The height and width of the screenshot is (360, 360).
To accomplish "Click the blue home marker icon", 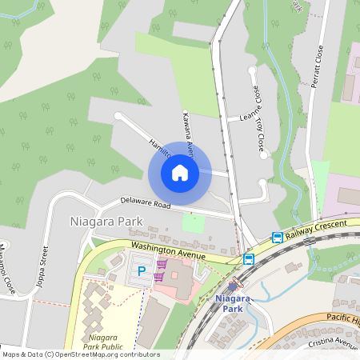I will (180, 173).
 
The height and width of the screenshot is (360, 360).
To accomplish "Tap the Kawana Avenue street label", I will (190, 133).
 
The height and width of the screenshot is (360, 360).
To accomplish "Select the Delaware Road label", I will (146, 203).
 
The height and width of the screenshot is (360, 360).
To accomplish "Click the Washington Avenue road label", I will (169, 250).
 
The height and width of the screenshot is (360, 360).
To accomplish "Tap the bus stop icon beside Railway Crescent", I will (277, 238).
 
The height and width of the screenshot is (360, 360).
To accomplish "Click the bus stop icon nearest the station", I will (249, 258).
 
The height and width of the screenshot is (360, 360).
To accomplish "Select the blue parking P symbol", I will (142, 272).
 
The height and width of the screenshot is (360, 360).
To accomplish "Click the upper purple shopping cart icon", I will (162, 264).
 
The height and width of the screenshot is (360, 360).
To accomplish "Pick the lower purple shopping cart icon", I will (158, 277).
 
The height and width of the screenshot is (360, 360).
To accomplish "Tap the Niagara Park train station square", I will (233, 286).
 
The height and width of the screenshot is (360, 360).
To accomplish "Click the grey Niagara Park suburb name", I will (106, 221).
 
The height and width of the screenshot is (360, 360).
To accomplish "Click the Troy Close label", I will (260, 132).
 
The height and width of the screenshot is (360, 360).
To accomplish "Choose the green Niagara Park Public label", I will (102, 342).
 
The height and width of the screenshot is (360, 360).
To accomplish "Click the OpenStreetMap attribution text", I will (81, 354).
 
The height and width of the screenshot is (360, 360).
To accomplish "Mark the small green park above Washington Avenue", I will (193, 223).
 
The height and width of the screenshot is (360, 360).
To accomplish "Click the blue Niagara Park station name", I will (233, 303).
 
